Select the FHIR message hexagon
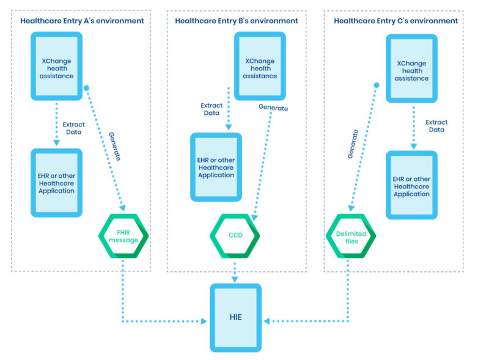124,236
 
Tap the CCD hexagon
235,236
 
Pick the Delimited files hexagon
351,237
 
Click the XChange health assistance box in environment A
56,67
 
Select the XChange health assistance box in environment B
259,67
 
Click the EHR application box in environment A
56,182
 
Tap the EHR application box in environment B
216,167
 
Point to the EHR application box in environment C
411,185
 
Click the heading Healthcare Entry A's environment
82,20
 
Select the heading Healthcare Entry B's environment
237,20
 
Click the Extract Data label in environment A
74,128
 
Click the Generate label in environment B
273,108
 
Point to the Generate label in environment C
353,144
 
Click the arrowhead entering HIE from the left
205,320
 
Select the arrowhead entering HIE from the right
267,320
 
